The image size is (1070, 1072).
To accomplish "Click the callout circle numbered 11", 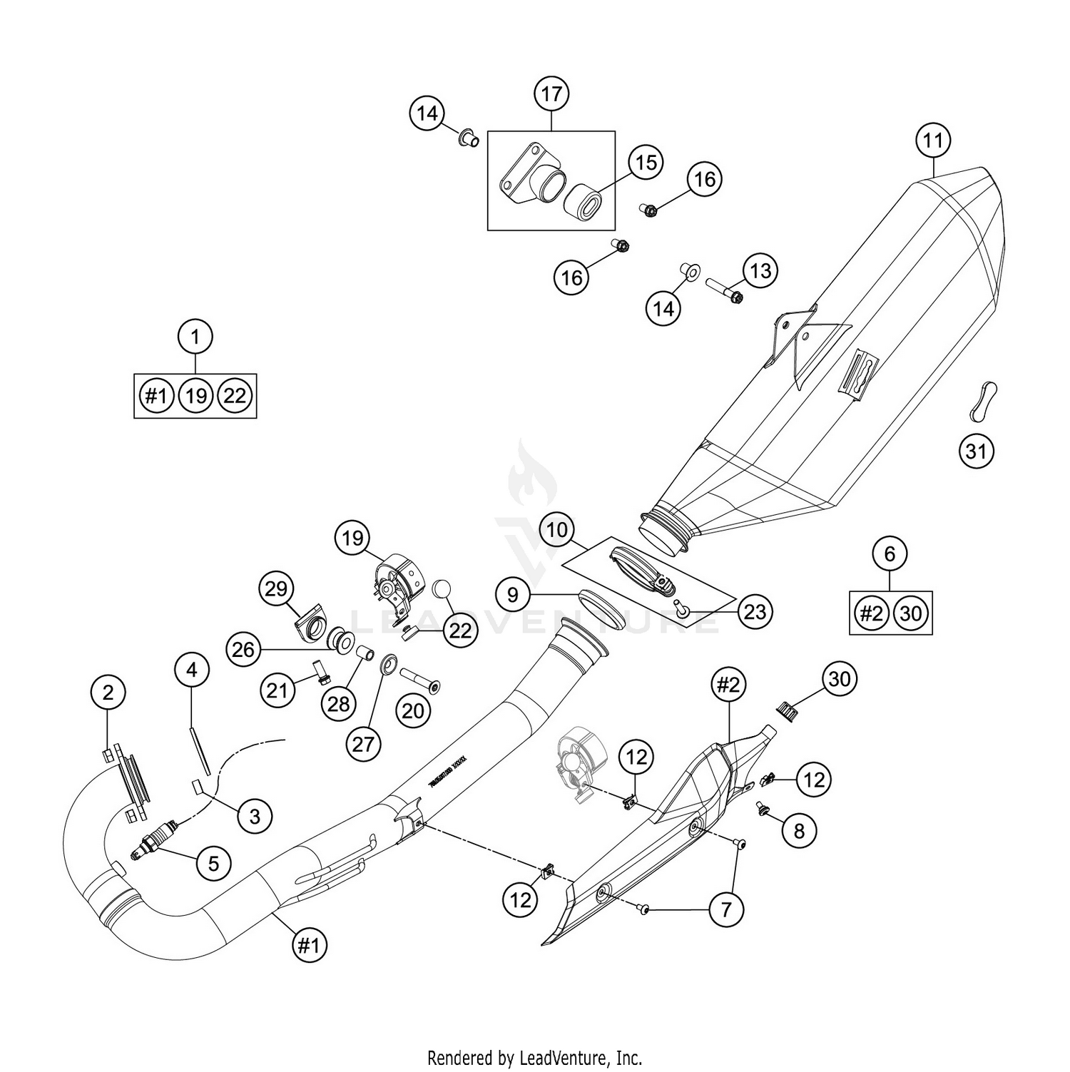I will pos(933,141).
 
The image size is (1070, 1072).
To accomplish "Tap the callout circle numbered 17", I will pos(551,93).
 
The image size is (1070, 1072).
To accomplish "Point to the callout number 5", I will pos(213,863).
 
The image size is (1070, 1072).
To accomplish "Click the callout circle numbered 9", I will pos(512,595).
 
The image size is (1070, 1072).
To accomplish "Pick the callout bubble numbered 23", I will pos(755,611).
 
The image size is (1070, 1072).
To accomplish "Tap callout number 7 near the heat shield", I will pos(726,909).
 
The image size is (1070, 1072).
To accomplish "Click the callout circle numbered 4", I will pos(191,670).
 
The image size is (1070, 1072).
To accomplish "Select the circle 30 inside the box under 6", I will pos(911,613).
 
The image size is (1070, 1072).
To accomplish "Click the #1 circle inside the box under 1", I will pos(156,395).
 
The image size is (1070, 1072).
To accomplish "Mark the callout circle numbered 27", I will pos(363,744).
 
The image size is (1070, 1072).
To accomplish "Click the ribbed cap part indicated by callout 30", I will pos(787,710).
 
